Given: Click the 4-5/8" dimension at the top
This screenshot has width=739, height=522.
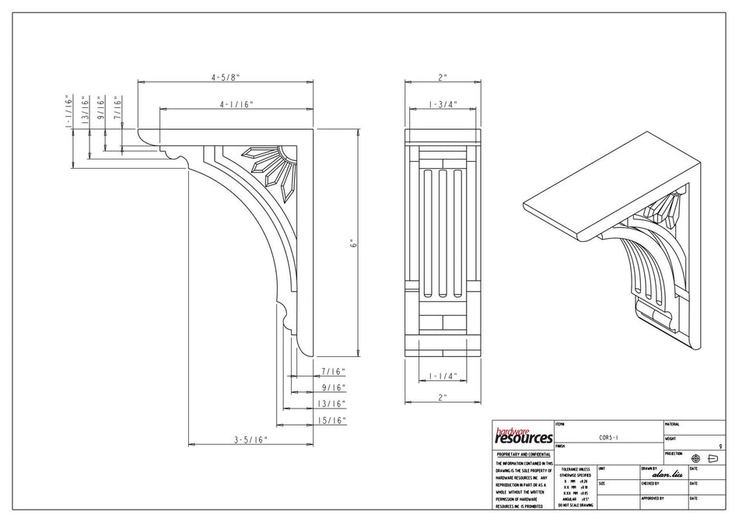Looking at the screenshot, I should click(226, 77).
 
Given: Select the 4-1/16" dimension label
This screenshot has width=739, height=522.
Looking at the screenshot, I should click(236, 103).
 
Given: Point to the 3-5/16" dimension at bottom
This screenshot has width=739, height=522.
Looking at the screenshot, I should click(250, 440).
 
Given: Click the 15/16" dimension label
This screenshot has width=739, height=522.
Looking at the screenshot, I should click(332, 420).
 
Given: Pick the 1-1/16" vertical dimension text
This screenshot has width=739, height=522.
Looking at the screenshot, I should click(68, 111).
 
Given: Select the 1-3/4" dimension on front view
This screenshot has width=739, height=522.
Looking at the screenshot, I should click(442, 103).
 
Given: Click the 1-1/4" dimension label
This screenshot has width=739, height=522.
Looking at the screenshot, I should click(442, 376).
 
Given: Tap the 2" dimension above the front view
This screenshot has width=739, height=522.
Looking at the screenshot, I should click(443, 77).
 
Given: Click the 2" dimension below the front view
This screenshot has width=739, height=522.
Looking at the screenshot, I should click(443, 398).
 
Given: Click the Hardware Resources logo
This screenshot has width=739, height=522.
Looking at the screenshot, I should click(523, 435).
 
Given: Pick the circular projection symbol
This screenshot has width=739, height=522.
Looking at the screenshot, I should click(695, 458).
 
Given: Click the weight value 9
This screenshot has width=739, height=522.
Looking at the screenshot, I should click(720, 447).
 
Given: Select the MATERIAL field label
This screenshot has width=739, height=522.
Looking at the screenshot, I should click(673, 424).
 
